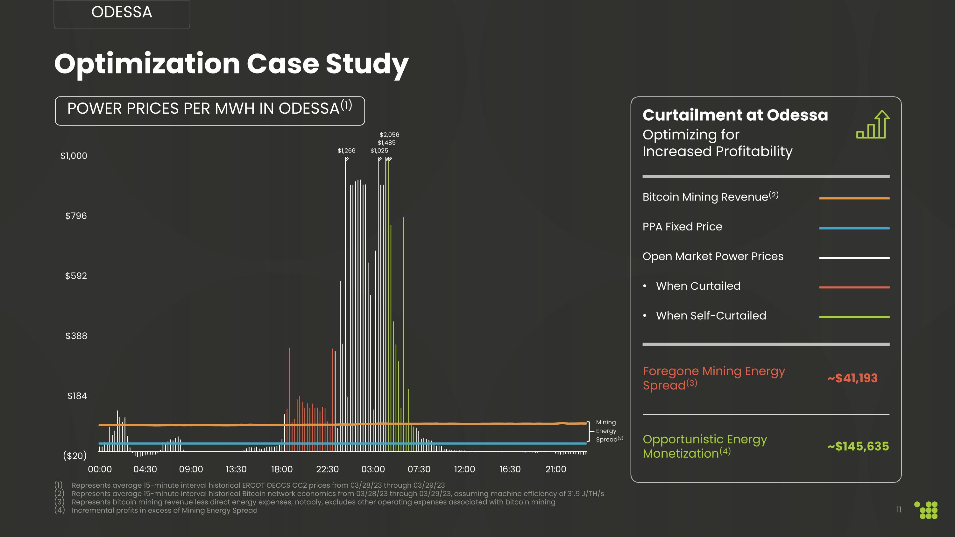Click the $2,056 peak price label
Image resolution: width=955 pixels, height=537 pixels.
click(x=389, y=135)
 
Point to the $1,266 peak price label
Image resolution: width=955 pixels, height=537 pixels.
click(x=346, y=151)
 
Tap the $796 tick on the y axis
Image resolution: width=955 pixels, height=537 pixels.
click(x=76, y=216)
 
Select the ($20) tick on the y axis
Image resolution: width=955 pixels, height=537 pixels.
click(x=75, y=456)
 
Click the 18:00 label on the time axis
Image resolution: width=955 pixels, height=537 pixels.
click(x=282, y=469)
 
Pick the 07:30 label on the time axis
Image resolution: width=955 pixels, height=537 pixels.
click(x=419, y=469)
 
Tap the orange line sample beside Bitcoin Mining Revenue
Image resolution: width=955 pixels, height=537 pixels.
click(x=854, y=198)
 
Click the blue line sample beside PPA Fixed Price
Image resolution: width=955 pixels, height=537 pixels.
click(x=854, y=228)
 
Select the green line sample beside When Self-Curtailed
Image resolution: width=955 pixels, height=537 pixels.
click(x=854, y=317)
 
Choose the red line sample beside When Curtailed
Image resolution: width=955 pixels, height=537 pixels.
click(x=854, y=287)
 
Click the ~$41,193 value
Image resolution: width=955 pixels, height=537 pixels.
click(x=852, y=378)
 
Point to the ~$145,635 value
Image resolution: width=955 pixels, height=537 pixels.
click(x=858, y=446)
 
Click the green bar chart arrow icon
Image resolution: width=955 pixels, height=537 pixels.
click(x=873, y=124)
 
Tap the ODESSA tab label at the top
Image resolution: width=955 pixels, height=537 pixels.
click(x=122, y=12)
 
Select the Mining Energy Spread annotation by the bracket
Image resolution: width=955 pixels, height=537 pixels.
click(x=607, y=431)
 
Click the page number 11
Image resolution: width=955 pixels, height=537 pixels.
click(x=899, y=510)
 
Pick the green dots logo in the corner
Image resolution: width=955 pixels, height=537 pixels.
click(x=926, y=510)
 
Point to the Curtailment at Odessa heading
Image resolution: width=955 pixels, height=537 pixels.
click(x=735, y=115)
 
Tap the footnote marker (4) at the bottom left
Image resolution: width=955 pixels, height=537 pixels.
click(x=59, y=510)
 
